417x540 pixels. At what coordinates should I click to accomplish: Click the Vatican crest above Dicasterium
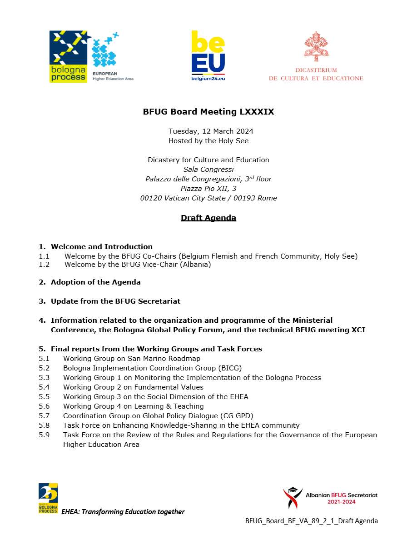point(316,46)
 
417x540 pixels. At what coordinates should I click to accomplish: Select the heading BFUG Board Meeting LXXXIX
point(208,112)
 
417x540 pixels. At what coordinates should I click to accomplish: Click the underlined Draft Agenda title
point(208,218)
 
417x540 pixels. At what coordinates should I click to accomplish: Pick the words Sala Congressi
point(208,170)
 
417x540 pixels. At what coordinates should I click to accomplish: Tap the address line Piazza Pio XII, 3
point(208,189)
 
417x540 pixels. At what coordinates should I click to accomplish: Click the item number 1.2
point(44,265)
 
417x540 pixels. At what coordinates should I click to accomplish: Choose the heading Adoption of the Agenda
point(95,282)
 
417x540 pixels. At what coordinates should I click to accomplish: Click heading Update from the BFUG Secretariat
point(115,301)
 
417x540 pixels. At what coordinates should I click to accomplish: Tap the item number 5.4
point(44,387)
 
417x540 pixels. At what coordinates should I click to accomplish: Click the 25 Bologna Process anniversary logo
point(48,498)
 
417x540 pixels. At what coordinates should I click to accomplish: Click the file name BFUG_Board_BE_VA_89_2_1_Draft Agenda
point(312,521)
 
